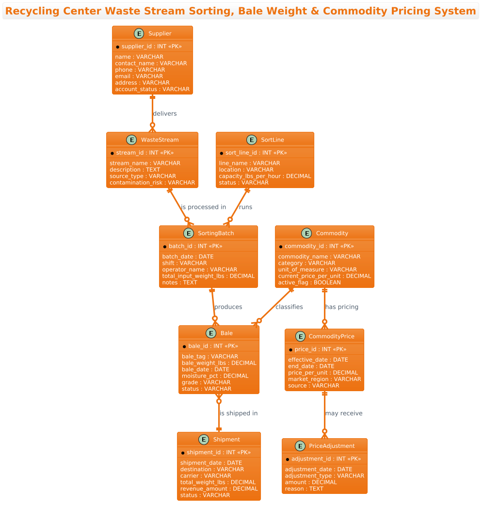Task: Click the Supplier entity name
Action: click(160, 33)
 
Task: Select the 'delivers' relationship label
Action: click(165, 113)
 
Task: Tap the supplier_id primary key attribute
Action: click(151, 46)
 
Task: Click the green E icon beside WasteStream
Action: click(131, 140)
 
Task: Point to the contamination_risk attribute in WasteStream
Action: click(152, 183)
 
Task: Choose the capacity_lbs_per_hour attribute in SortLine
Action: click(265, 176)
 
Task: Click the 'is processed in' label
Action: click(204, 207)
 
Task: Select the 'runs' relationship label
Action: click(245, 207)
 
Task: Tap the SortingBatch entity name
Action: click(216, 233)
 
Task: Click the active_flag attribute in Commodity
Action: click(309, 283)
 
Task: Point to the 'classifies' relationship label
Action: click(289, 307)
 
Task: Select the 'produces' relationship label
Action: click(228, 307)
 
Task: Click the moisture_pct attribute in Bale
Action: click(215, 376)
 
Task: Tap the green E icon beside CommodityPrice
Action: click(301, 336)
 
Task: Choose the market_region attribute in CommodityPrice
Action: click(324, 379)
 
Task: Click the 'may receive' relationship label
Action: click(344, 413)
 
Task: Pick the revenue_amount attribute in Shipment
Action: click(219, 489)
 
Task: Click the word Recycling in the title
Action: click(32, 11)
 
